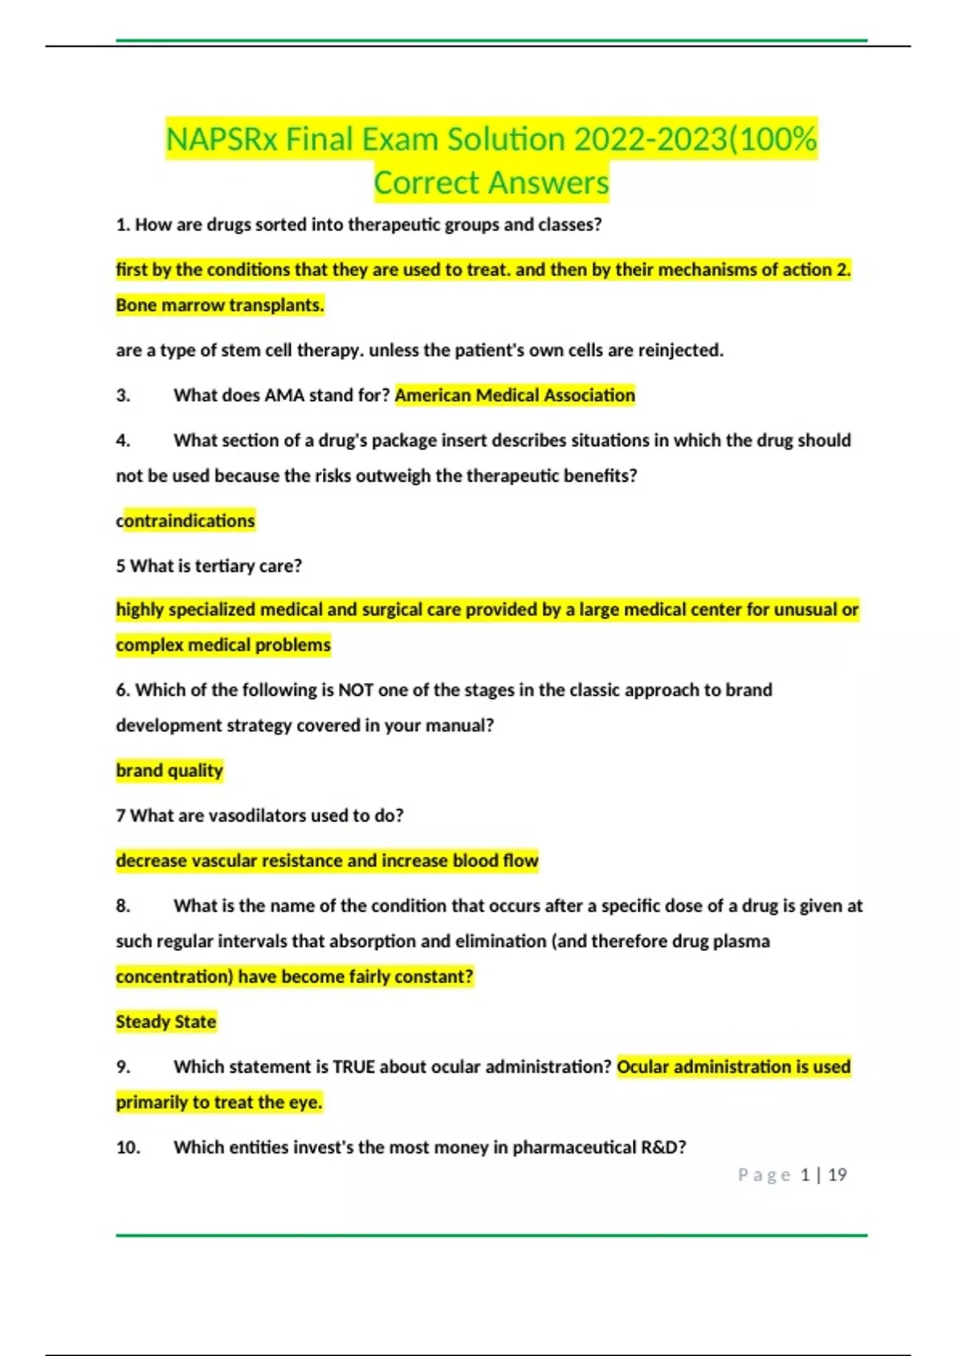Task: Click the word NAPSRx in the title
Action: click(x=222, y=140)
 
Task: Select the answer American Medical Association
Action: click(x=514, y=396)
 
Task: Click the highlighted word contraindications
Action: click(x=186, y=521)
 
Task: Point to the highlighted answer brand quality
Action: click(x=169, y=771)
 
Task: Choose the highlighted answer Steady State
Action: click(x=166, y=1022)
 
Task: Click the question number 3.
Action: click(x=123, y=396)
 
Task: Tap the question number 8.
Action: click(x=123, y=906)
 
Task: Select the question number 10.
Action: click(x=128, y=1148)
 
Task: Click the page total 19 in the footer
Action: click(x=837, y=1175)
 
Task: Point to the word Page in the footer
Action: click(x=764, y=1175)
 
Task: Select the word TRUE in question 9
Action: click(x=353, y=1067)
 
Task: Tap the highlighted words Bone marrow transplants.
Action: click(x=220, y=305)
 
